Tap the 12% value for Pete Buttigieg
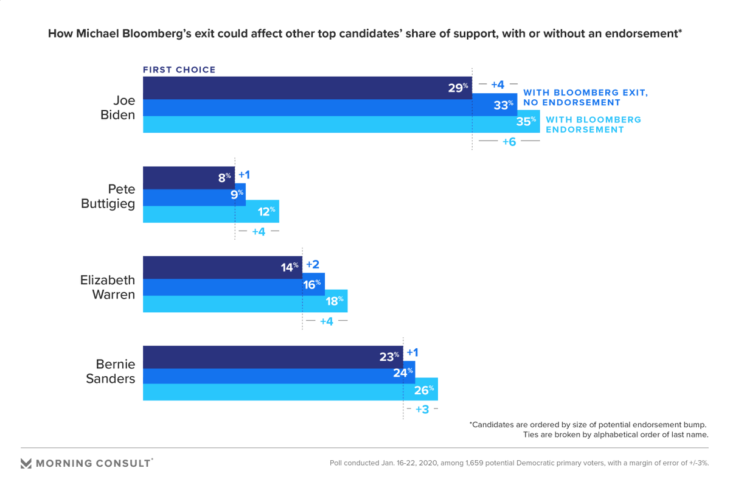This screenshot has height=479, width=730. point(266,211)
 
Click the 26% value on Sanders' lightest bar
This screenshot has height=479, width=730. point(424,390)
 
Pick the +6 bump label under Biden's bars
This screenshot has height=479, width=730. point(509,141)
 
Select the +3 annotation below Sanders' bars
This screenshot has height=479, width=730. point(422,410)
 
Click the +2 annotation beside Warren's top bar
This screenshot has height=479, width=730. point(313,265)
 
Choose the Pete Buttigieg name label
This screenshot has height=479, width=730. point(108,197)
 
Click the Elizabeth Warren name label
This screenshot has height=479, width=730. point(108,287)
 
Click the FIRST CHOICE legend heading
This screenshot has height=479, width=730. point(179,70)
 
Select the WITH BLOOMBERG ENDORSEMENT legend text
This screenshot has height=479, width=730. point(593,124)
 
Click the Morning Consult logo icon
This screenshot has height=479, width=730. point(26,463)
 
